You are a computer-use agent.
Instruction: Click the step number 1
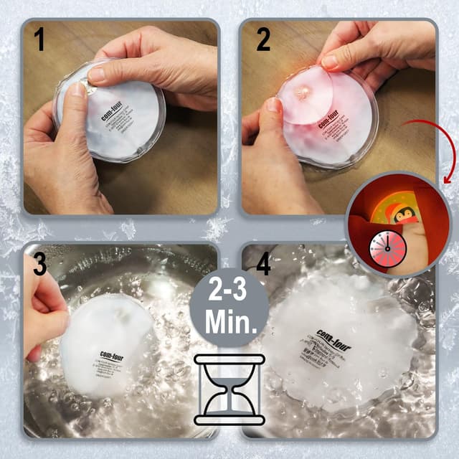point(39,39)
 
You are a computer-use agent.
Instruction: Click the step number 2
point(263,39)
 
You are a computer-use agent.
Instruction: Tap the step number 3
point(39,264)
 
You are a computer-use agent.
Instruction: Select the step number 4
point(264,264)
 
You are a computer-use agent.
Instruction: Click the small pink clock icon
point(387,247)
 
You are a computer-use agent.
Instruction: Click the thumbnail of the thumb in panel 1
point(78,90)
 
